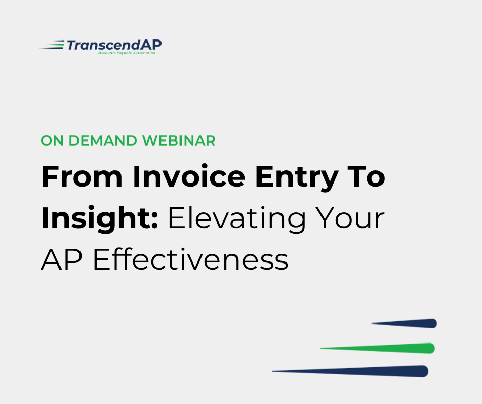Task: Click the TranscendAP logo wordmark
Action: [114, 45]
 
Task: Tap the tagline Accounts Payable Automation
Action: [127, 53]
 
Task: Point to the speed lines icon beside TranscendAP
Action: [51, 45]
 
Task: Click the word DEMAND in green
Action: [103, 140]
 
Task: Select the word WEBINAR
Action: [178, 140]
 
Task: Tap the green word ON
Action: [52, 140]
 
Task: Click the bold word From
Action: [82, 176]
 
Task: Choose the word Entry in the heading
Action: [297, 178]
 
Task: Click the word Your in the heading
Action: [350, 218]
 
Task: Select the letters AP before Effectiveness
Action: [62, 260]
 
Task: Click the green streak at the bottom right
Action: [377, 348]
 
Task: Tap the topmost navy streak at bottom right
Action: [404, 324]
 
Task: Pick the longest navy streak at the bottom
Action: [350, 371]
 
